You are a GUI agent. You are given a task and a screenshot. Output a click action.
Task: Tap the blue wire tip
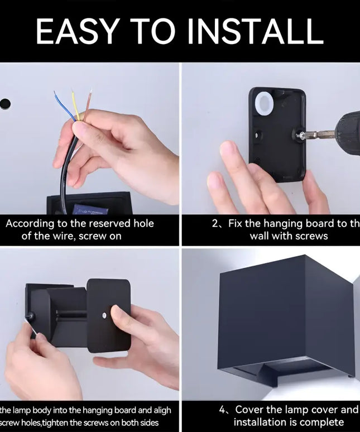56,94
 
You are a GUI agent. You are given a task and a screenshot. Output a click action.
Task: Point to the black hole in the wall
4,104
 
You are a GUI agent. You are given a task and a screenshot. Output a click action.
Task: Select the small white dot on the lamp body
104,316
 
